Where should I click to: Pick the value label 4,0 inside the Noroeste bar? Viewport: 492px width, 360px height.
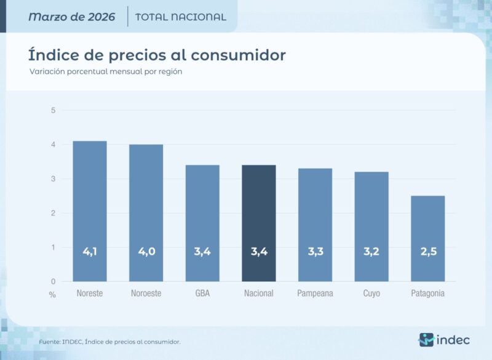pos(146,251)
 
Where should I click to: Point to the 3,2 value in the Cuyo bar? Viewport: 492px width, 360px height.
pos(371,251)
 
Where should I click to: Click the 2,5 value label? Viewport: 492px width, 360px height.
pos(428,251)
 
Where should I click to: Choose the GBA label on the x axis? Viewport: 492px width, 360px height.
pos(202,294)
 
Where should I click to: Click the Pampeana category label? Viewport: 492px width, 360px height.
pos(315,294)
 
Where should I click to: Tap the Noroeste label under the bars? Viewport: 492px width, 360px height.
pos(146,294)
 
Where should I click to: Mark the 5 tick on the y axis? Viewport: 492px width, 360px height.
pos(54,111)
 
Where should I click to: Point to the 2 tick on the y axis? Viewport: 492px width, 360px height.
pos(54,214)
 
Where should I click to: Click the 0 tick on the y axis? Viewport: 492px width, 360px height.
pos(54,282)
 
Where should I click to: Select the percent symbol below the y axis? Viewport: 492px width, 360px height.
pos(52,295)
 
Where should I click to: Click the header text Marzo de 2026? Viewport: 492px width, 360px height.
pos(71,17)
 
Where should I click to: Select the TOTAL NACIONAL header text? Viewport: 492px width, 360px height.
pos(180,17)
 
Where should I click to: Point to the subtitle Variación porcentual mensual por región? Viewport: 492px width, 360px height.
pos(106,71)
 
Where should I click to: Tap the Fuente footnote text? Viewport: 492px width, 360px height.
pos(109,342)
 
